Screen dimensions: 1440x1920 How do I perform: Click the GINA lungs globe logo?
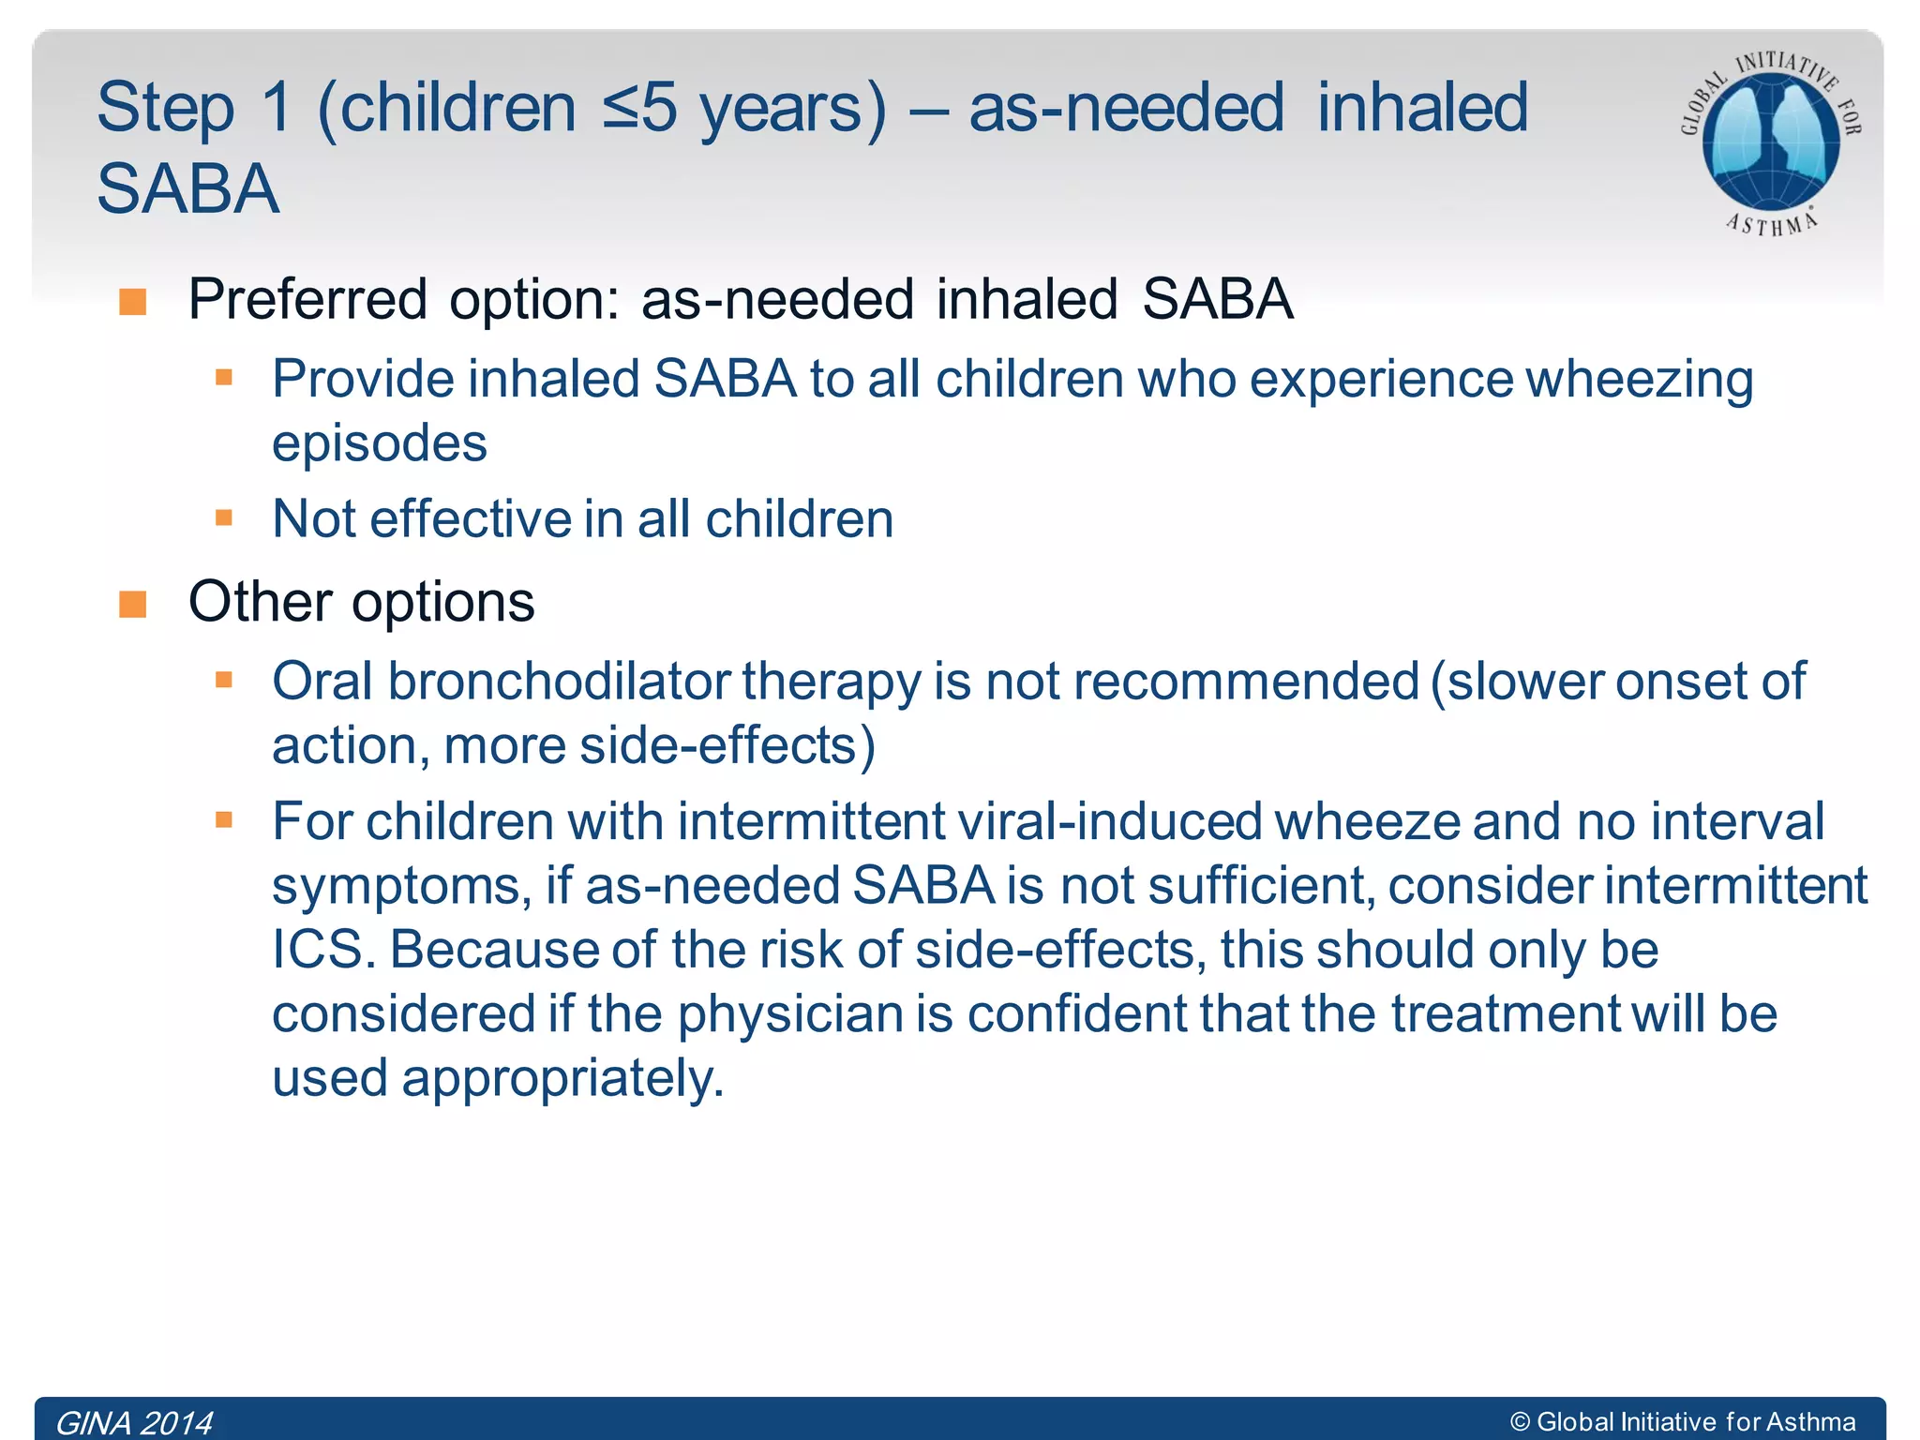coord(1770,141)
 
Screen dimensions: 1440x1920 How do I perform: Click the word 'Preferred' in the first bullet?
coord(307,300)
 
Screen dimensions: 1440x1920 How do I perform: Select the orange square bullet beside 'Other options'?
coord(133,605)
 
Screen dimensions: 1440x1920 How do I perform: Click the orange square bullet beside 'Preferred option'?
coord(133,302)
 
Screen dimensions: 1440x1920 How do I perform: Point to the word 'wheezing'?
coord(1640,381)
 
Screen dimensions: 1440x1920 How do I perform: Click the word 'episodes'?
coord(380,443)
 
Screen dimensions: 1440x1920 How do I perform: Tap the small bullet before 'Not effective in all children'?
coord(223,517)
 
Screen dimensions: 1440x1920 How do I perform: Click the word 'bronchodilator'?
coord(560,682)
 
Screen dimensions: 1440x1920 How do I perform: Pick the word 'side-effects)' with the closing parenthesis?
coord(727,746)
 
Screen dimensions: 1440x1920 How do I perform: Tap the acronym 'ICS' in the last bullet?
coord(317,950)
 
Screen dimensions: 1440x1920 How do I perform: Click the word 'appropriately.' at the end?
coord(562,1078)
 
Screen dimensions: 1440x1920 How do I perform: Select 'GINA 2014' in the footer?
coord(134,1422)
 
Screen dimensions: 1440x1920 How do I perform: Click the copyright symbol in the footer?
coord(1520,1422)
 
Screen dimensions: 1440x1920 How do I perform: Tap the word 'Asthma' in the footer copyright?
coord(1810,1422)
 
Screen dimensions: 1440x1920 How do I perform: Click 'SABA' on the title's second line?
coord(187,189)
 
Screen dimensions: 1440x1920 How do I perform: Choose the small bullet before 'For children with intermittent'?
coord(223,820)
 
